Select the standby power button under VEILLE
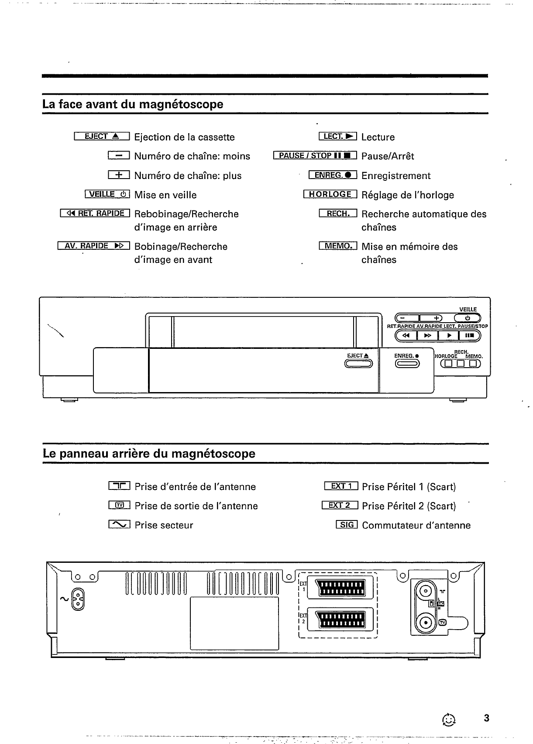[x=467, y=318]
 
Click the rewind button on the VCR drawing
[x=406, y=335]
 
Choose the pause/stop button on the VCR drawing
[x=469, y=335]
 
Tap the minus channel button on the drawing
[x=407, y=318]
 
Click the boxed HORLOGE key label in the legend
[x=330, y=194]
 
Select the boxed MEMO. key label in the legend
[x=338, y=246]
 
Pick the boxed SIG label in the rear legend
[x=347, y=525]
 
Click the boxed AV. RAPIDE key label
[x=94, y=246]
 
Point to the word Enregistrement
[x=396, y=176]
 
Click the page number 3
[x=487, y=718]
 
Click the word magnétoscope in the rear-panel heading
[x=213, y=454]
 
